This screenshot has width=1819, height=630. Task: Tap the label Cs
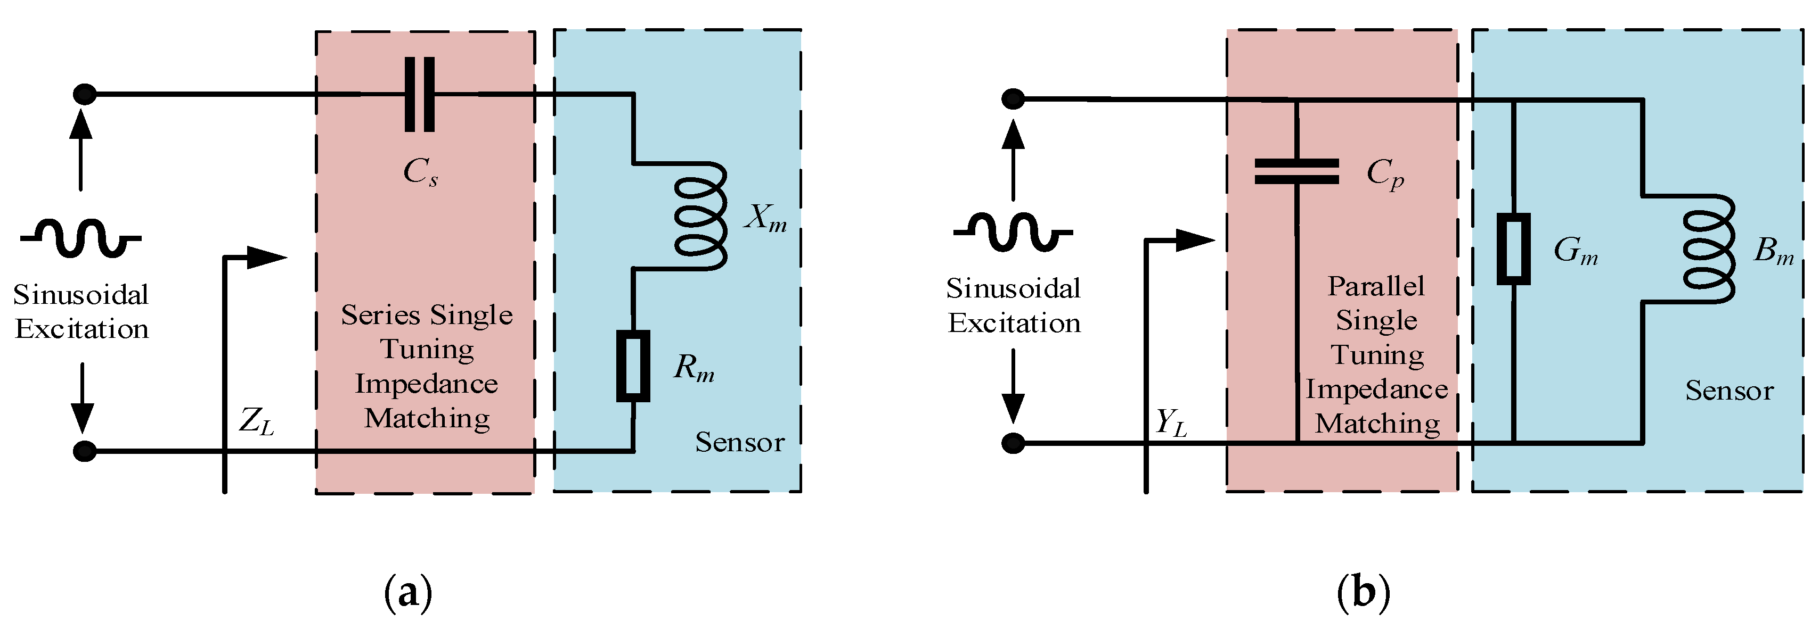421,171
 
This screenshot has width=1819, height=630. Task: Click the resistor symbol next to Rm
633,366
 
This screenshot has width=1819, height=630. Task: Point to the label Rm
694,368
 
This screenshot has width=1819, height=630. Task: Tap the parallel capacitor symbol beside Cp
1296,171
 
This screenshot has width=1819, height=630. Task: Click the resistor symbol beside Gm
1513,249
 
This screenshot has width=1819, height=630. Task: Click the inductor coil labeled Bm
1708,249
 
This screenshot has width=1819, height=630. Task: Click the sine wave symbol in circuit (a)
80,238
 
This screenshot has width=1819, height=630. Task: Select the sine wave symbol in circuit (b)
1013,231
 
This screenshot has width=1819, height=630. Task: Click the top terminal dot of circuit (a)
85,94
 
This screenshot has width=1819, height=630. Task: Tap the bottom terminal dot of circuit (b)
1013,443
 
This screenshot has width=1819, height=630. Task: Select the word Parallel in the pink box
1375,286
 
